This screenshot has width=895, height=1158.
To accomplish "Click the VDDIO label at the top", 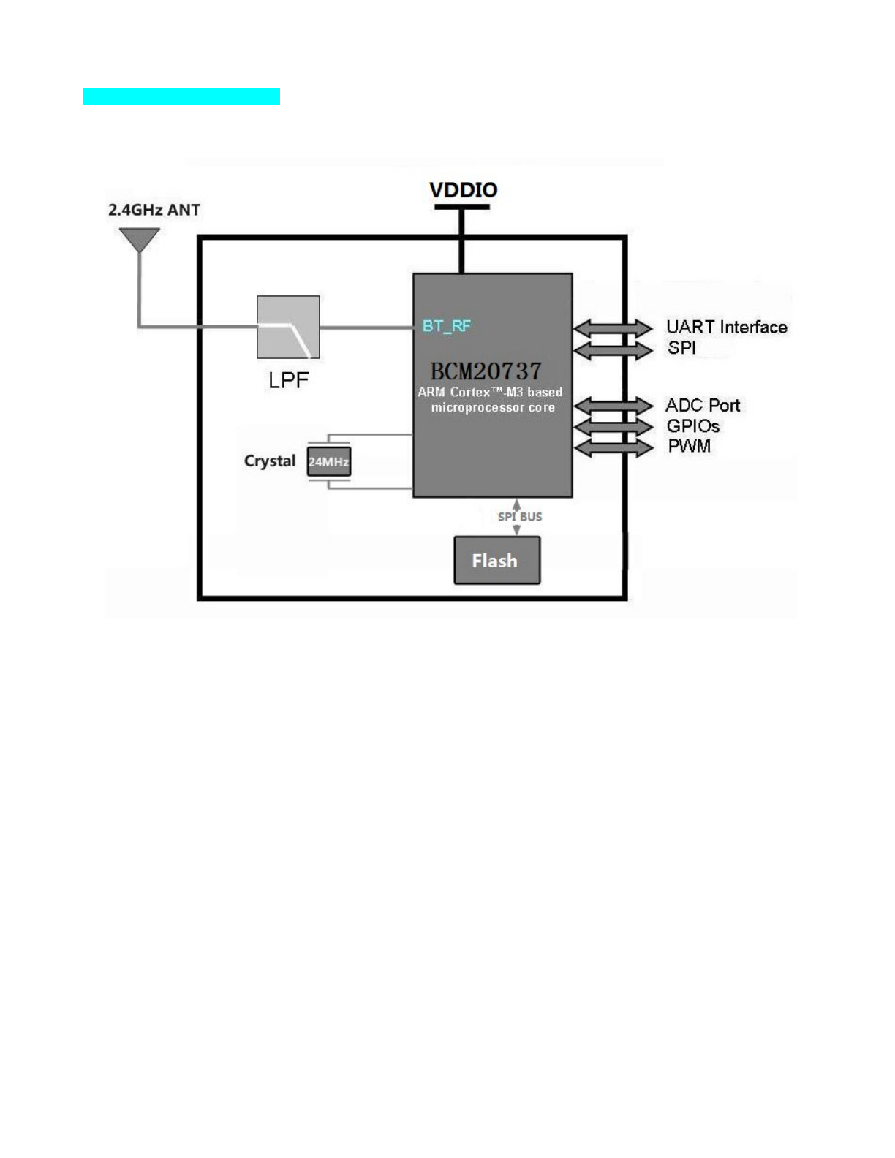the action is pos(464,190).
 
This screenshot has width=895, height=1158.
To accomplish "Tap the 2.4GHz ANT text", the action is pos(154,210).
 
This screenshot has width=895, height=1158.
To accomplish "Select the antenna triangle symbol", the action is pos(140,240).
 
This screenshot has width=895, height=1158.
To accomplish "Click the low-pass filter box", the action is pos(288,328).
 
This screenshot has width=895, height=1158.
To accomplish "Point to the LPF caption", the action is pos(288,380).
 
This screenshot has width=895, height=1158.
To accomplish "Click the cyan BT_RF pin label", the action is pos(447,325).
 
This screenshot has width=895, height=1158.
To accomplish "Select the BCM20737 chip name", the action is pos(486,371).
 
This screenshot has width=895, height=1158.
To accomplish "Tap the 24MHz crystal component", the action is pos(329,461).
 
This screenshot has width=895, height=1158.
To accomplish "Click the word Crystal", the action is pos(270,461).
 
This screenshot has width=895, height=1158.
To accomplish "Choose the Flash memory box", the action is pos(496,560).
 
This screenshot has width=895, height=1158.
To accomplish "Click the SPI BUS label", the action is pos(520,516).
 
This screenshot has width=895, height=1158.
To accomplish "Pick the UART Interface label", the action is pos(727,327).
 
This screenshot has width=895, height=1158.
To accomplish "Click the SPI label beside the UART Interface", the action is pos(681,347).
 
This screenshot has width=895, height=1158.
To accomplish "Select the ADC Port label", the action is pos(703,406).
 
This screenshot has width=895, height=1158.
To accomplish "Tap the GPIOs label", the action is pos(693,425).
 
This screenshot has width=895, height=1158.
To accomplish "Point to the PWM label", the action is pos(690,445).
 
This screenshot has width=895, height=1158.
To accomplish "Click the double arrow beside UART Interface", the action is pos(613,328).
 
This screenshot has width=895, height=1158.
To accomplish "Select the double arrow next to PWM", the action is pos(613,447).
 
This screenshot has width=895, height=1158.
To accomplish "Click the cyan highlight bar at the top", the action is pos(181,96).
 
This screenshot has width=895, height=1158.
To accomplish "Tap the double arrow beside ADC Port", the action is pos(613,406).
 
